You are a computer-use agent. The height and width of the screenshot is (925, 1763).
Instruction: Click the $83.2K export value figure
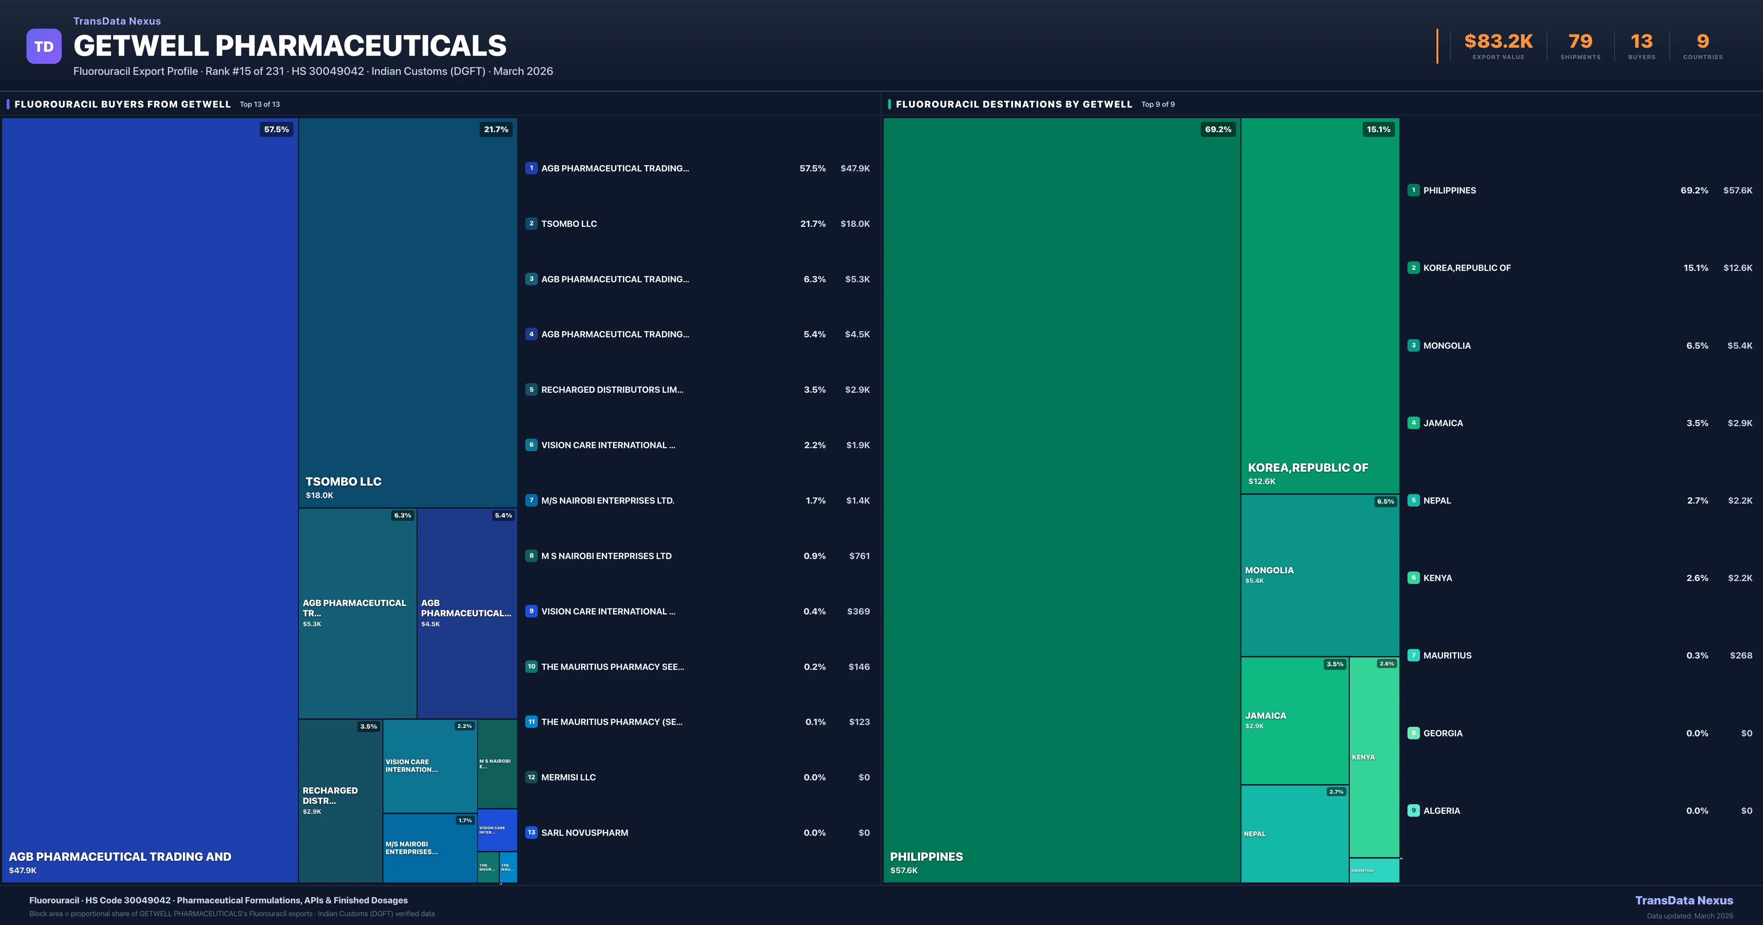(x=1498, y=42)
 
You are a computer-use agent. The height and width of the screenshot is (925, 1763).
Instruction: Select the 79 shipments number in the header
(x=1580, y=42)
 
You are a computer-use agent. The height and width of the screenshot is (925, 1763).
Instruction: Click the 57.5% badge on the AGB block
(x=277, y=129)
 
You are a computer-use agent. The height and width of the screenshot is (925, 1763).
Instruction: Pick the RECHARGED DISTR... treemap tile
(x=340, y=801)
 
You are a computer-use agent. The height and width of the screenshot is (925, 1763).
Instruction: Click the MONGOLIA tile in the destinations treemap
(x=1320, y=575)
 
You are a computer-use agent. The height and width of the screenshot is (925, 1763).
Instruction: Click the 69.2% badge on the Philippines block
(x=1218, y=129)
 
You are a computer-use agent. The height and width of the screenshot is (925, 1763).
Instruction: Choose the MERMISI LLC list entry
(x=568, y=777)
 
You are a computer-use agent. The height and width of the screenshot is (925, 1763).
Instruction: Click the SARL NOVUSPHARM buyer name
(x=584, y=832)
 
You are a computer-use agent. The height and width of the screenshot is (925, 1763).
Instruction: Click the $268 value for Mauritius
(x=1741, y=656)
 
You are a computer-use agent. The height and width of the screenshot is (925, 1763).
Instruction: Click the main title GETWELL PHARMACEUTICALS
(x=289, y=46)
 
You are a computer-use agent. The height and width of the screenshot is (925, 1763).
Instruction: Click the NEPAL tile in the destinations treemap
(x=1294, y=833)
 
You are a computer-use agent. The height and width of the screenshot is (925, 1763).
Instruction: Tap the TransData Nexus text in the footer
(x=1684, y=900)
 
